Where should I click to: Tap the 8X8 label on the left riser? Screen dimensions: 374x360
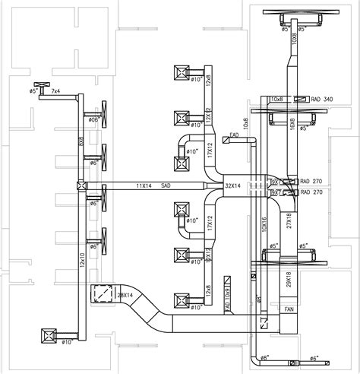coord(81,141)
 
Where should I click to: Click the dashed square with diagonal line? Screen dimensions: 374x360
coord(100,293)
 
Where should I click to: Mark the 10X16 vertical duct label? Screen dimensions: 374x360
coord(264,220)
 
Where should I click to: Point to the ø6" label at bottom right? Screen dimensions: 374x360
coord(314,358)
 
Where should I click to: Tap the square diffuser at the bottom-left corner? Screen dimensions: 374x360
coord(50,334)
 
